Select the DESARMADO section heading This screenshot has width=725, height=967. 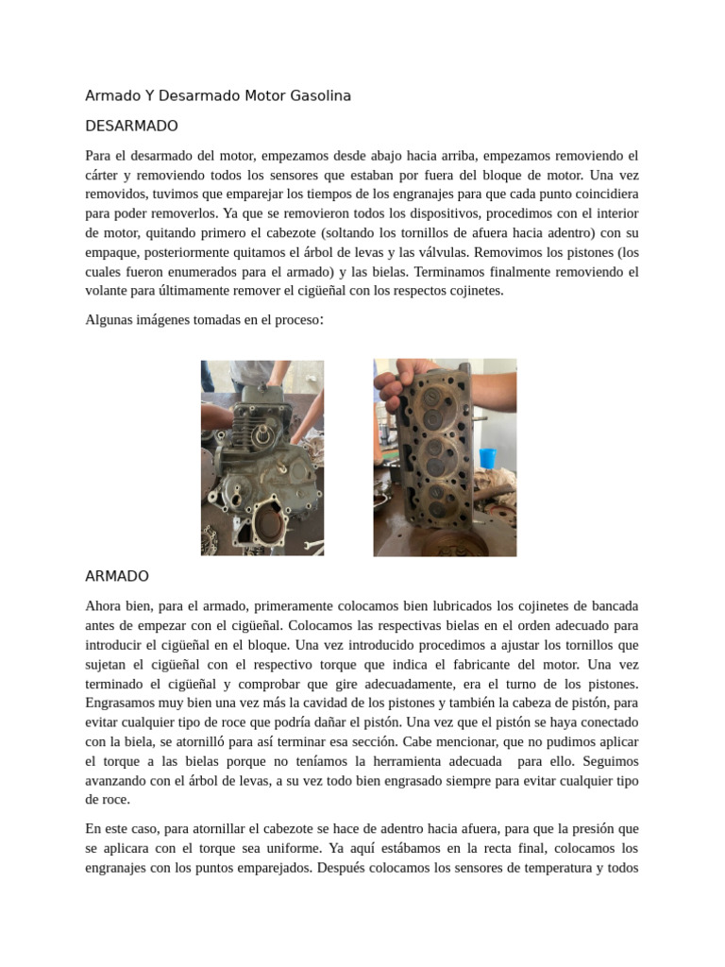point(131,126)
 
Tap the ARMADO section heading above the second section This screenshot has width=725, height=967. point(117,576)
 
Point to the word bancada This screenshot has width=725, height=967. point(612,605)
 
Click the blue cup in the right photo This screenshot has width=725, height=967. point(487,458)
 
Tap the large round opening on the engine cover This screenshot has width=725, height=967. point(275,522)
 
